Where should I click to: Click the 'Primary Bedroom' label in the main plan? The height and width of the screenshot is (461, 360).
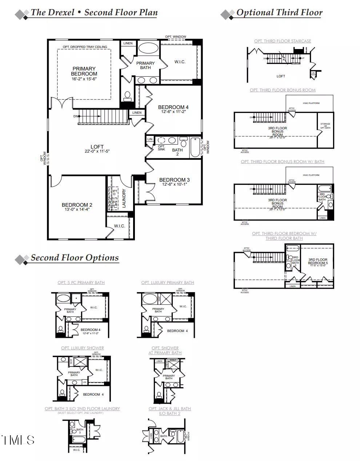(84, 71)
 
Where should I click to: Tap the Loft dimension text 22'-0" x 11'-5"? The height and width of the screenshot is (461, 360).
(97, 151)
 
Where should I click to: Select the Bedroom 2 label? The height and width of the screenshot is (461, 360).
(77, 205)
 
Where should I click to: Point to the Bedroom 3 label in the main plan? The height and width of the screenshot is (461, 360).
(174, 180)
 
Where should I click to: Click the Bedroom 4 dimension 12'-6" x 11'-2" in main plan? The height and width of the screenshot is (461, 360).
(173, 112)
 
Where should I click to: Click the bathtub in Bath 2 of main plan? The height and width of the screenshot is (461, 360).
(195, 147)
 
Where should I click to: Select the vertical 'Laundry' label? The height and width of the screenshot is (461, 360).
(124, 198)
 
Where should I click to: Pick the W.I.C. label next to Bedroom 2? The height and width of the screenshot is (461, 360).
(119, 226)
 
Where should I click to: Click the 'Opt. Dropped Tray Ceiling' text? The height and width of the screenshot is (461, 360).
(85, 47)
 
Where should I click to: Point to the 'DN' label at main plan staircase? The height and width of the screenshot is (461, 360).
(76, 116)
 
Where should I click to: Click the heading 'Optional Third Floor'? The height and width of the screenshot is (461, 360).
(279, 13)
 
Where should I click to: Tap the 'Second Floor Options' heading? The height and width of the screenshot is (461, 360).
(75, 258)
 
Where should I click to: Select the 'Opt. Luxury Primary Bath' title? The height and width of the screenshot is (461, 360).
(168, 283)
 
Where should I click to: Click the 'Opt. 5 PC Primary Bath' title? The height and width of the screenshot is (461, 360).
(81, 283)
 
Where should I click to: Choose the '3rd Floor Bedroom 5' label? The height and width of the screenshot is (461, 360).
(318, 262)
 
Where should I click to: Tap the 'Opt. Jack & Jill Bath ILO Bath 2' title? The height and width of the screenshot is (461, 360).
(169, 411)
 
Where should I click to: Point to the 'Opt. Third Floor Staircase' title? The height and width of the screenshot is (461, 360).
(283, 41)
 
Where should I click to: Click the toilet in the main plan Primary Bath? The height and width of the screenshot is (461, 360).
(127, 96)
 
